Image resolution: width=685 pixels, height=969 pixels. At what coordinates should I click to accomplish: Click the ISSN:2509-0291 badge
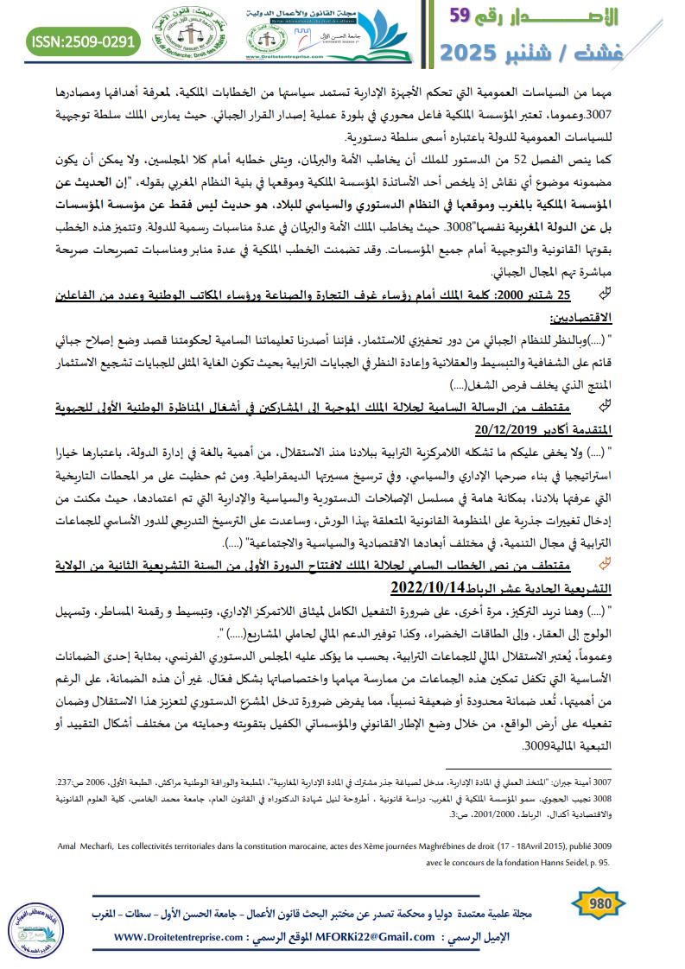point(83,41)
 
